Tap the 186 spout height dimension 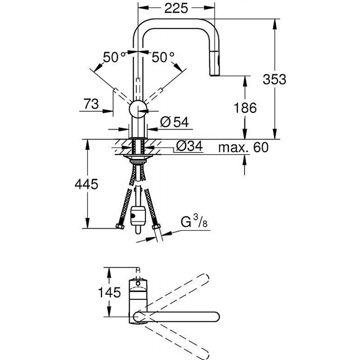(x=245, y=108)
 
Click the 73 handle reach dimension (x=91, y=104)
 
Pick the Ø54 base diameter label (x=173, y=121)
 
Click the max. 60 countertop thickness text (x=242, y=147)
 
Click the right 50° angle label (x=162, y=57)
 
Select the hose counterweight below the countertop (x=138, y=216)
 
